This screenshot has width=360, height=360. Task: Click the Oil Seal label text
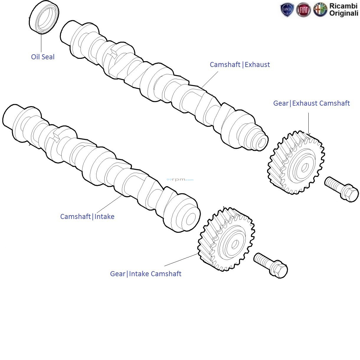click(x=43, y=57)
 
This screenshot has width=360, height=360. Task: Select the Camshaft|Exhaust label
click(x=240, y=65)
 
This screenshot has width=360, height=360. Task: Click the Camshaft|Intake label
click(x=87, y=217)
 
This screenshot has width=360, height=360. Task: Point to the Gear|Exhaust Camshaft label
click(x=311, y=103)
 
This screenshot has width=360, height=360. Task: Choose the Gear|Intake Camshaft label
click(x=145, y=274)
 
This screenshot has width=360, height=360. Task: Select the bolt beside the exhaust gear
click(x=341, y=189)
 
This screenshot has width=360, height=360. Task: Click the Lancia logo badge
click(x=287, y=10)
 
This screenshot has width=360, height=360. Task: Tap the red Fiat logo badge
click(x=303, y=10)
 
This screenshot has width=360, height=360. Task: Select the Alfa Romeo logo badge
click(x=320, y=10)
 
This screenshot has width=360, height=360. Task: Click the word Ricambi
click(x=343, y=6)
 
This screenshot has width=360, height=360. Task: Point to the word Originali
click(x=343, y=13)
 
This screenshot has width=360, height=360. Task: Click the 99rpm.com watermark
click(x=180, y=179)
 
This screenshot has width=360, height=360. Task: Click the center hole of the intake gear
click(x=235, y=244)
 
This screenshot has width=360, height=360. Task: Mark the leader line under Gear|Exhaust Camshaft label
click(x=308, y=122)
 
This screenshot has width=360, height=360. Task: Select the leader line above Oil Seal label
click(x=41, y=43)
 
